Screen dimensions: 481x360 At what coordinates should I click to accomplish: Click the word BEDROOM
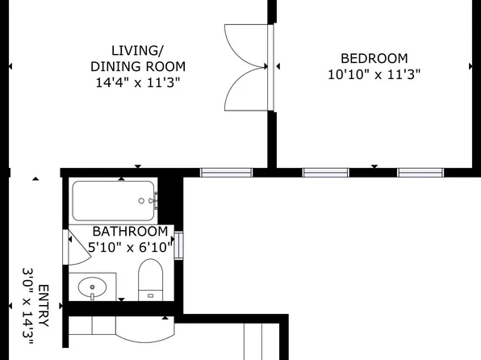point(374,58)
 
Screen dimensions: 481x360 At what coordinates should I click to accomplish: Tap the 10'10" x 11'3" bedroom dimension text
point(374,74)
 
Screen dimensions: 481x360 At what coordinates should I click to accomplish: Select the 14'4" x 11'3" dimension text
point(138,82)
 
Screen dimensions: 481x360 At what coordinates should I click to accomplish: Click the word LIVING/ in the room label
point(137,51)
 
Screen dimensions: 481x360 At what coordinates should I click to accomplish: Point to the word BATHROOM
point(130,232)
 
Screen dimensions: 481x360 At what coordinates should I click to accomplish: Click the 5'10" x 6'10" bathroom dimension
point(130,247)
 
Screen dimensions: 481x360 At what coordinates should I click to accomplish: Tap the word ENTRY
point(44,306)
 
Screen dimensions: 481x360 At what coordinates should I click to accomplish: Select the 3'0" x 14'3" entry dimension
point(27,306)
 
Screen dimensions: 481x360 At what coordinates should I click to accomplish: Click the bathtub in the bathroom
point(114,201)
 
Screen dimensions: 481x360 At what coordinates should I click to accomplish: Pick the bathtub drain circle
point(141,201)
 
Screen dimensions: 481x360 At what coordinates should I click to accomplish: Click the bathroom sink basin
point(92,287)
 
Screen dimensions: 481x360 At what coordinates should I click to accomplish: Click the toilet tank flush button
point(150,296)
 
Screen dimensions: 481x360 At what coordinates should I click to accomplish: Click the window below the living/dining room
point(226,173)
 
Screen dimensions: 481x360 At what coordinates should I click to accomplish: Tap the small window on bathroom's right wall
point(178,245)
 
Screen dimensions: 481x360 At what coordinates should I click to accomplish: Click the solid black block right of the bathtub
point(170,200)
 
